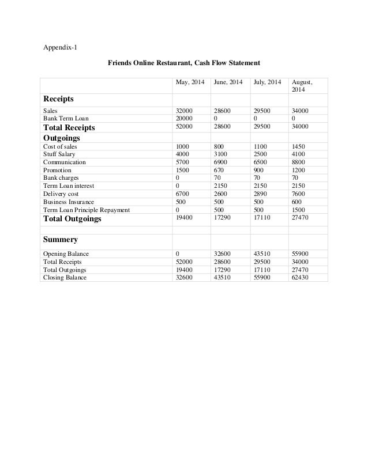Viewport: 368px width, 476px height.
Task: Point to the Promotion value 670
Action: (220, 171)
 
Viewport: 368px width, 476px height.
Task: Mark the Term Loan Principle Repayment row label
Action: (87, 210)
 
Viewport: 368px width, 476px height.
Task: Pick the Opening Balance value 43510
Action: (262, 254)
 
